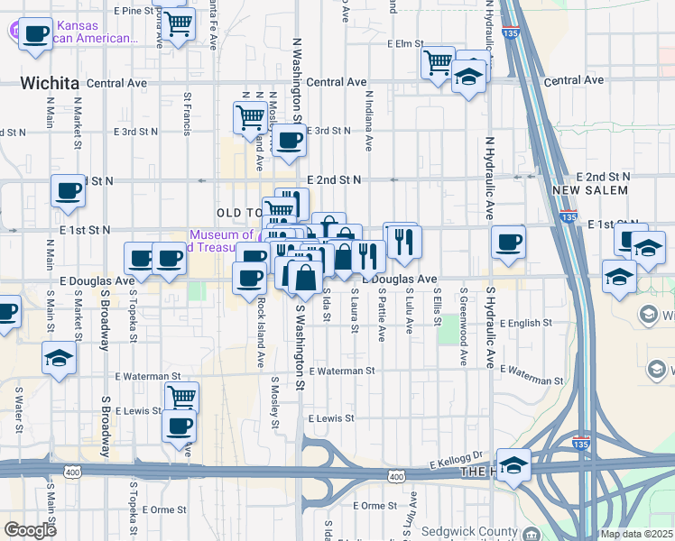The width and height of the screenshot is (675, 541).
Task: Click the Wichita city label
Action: [50, 83]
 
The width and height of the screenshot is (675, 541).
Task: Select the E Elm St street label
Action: [405, 43]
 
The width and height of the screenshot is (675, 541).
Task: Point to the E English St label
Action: [522, 323]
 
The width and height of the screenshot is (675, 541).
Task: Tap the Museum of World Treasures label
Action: [221, 241]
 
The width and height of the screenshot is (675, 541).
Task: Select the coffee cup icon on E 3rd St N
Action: [290, 140]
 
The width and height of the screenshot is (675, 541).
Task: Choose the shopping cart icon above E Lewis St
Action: [181, 396]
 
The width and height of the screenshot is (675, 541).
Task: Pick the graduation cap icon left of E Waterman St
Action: [59, 358]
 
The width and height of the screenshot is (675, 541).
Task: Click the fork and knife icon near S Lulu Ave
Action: [402, 240]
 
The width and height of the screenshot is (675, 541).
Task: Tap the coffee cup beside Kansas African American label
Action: [35, 34]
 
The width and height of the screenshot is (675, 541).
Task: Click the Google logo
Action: [30, 530]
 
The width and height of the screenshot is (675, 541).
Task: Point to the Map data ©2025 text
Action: [636, 534]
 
